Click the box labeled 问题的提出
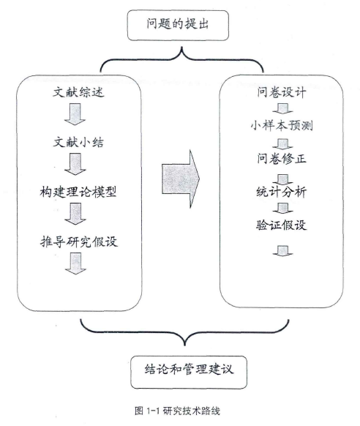[x=178, y=26]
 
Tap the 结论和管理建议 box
[x=189, y=373]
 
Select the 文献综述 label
[x=78, y=92]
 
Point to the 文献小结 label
[x=78, y=142]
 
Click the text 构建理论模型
[x=78, y=192]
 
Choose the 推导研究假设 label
[x=79, y=242]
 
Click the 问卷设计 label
[x=282, y=92]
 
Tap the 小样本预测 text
[x=282, y=125]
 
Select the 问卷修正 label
[x=282, y=158]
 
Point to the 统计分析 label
[x=282, y=192]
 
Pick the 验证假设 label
[x=282, y=225]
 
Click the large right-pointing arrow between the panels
[x=181, y=179]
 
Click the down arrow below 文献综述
[x=75, y=114]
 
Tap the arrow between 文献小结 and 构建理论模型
[x=75, y=164]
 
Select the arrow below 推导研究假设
[x=75, y=264]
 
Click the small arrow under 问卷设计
[x=282, y=108]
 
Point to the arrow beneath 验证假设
[x=282, y=251]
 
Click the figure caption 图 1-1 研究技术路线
[x=177, y=411]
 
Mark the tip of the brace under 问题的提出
[x=181, y=48]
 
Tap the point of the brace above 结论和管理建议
[x=185, y=345]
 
